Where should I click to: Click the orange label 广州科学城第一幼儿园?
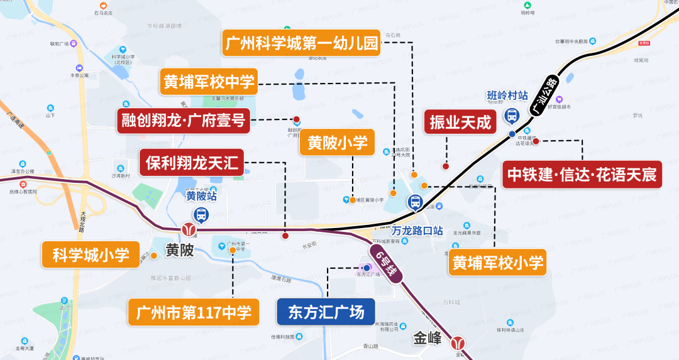[x=302, y=43]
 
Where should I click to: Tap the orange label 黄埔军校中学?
[x=209, y=82]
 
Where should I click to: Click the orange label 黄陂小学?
[x=337, y=143]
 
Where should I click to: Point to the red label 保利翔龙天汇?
[x=192, y=163]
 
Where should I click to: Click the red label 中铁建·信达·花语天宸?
[x=582, y=174]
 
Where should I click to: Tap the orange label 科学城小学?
[x=91, y=254]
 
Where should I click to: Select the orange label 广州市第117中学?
[x=194, y=312]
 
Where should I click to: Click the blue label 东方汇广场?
[x=326, y=312]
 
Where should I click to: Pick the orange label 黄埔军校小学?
[x=497, y=262]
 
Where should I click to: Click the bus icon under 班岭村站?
[x=511, y=116]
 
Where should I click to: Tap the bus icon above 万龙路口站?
[x=415, y=202]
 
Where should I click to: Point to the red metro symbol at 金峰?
[x=458, y=342]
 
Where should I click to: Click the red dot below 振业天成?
[x=445, y=166]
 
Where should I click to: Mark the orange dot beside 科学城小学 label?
[x=153, y=255]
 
